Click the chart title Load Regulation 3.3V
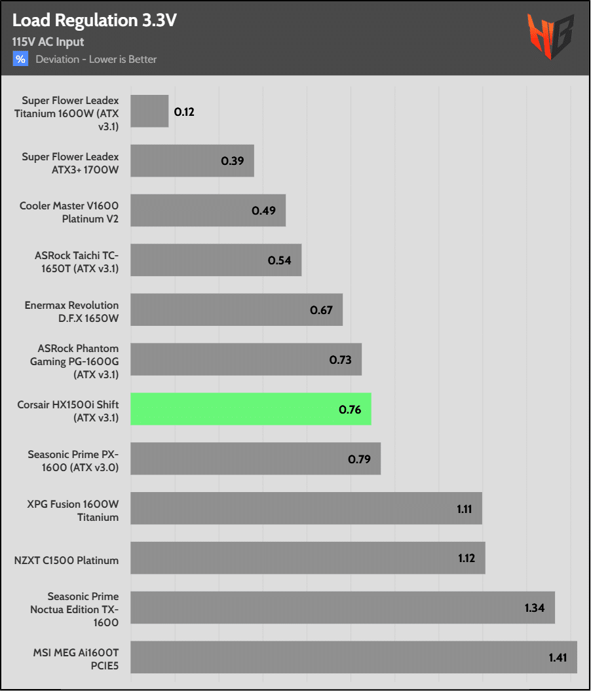pyautogui.click(x=94, y=21)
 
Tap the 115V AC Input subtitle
pyautogui.click(x=48, y=42)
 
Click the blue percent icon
pyautogui.click(x=20, y=59)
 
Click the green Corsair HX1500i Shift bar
pyautogui.click(x=251, y=409)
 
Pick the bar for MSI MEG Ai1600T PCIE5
pyautogui.click(x=354, y=657)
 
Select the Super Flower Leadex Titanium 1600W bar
pyautogui.click(x=149, y=111)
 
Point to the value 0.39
pyautogui.click(x=232, y=161)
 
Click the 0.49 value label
pyautogui.click(x=263, y=211)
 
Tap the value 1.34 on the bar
pyautogui.click(x=535, y=608)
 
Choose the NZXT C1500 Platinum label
pyautogui.click(x=66, y=560)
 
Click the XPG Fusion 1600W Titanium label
pyautogui.click(x=73, y=510)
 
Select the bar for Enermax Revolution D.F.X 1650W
pyautogui.click(x=237, y=310)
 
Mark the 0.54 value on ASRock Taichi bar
pyautogui.click(x=279, y=260)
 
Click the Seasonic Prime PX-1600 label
pyautogui.click(x=73, y=461)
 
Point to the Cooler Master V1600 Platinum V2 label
pyautogui.click(x=69, y=212)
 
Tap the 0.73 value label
pyautogui.click(x=340, y=359)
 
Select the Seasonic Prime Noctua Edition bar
pyautogui.click(x=343, y=607)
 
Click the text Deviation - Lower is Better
pyautogui.click(x=96, y=59)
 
